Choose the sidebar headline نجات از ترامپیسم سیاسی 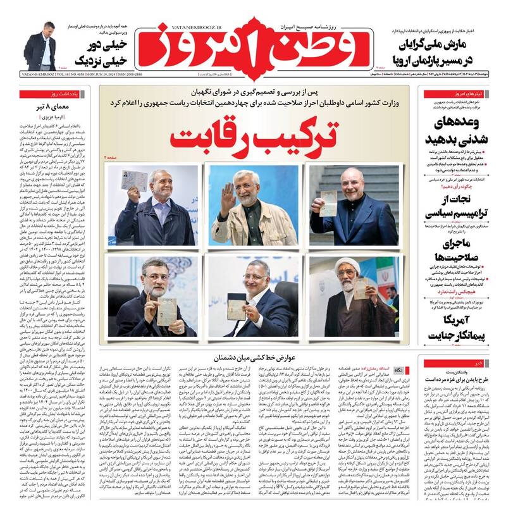(x=452, y=207)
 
